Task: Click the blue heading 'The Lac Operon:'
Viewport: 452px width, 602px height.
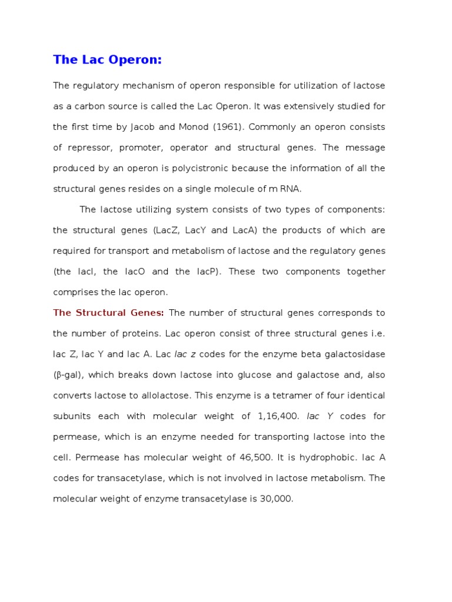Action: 107,59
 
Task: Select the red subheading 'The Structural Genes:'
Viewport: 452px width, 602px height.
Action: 108,313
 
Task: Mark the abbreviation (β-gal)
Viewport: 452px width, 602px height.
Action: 68,375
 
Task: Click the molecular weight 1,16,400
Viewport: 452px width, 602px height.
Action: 279,416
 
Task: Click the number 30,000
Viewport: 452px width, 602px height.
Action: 275,499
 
